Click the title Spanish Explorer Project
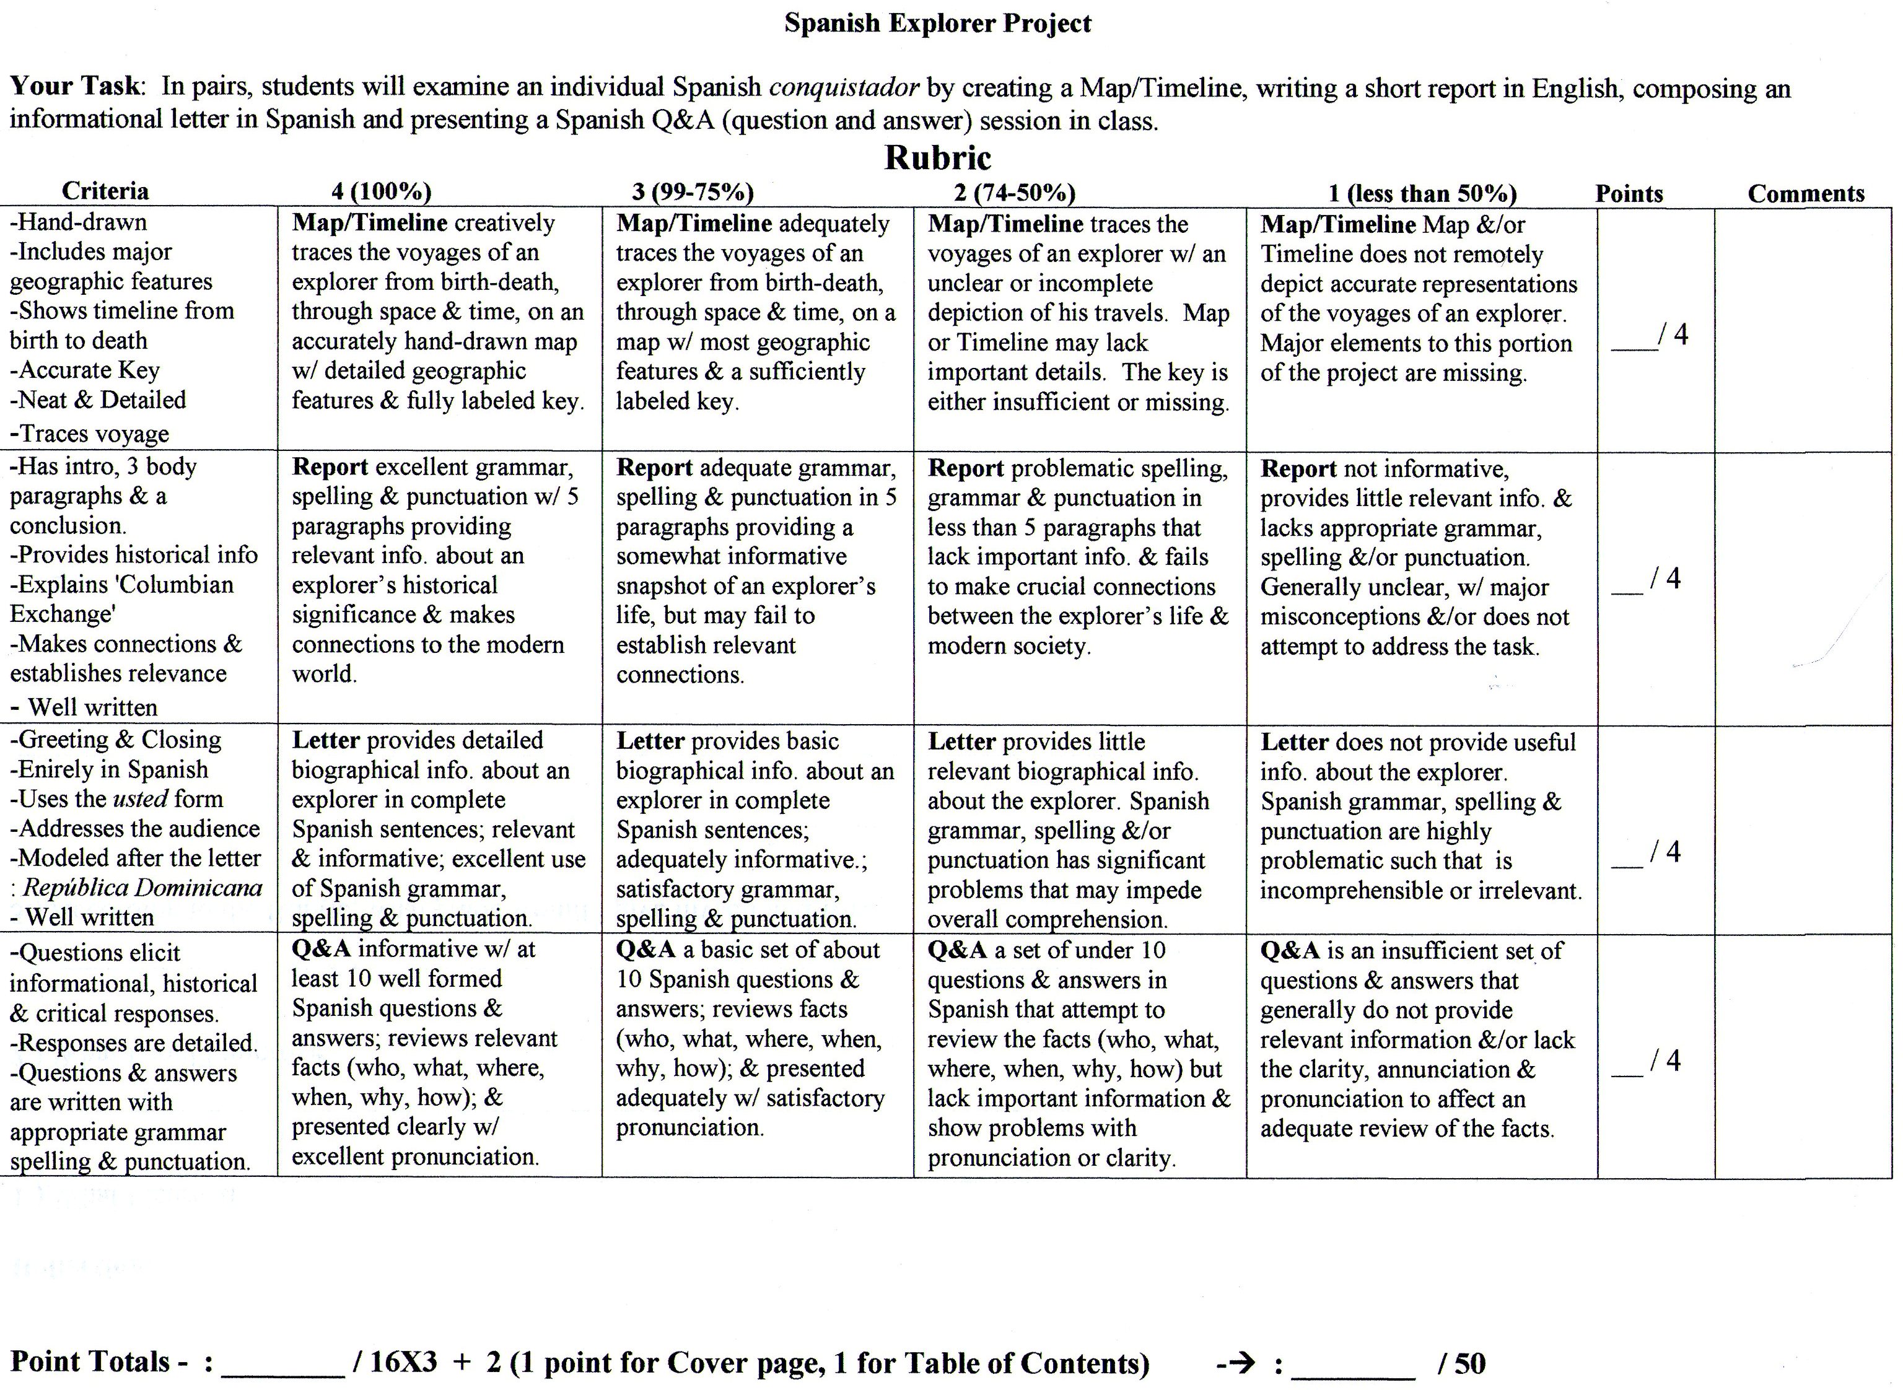[937, 24]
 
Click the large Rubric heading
[937, 158]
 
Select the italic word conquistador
[844, 87]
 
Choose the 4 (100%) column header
[381, 193]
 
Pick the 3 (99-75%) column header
[693, 193]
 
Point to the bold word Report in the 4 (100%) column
[330, 468]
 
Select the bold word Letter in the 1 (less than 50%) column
[1294, 742]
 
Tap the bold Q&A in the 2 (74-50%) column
[956, 951]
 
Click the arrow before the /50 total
[1236, 1363]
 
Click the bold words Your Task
[75, 87]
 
